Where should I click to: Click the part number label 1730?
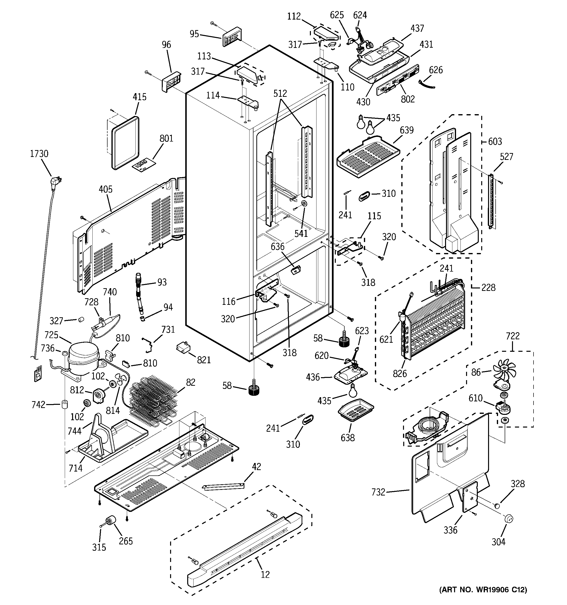coord(39,154)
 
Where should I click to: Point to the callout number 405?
coord(106,189)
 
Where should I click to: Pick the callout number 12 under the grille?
coord(265,574)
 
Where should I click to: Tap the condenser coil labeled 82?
coord(152,399)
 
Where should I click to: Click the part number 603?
coord(495,141)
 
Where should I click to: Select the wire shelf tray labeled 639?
coord(367,157)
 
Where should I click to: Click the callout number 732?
coord(378,492)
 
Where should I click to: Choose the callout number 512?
coord(280,93)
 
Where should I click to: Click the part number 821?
coord(204,360)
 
